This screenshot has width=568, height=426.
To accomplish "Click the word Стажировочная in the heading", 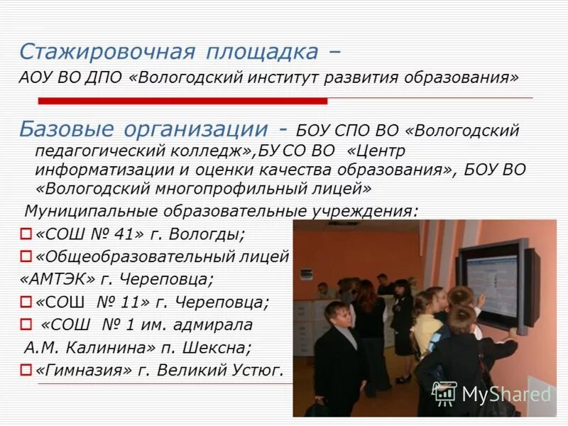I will (106, 51).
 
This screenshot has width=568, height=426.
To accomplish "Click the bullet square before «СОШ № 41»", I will (26, 233).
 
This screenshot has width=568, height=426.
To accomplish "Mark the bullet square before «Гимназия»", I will (26, 370).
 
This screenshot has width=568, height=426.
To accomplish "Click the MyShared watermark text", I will (506, 394).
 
